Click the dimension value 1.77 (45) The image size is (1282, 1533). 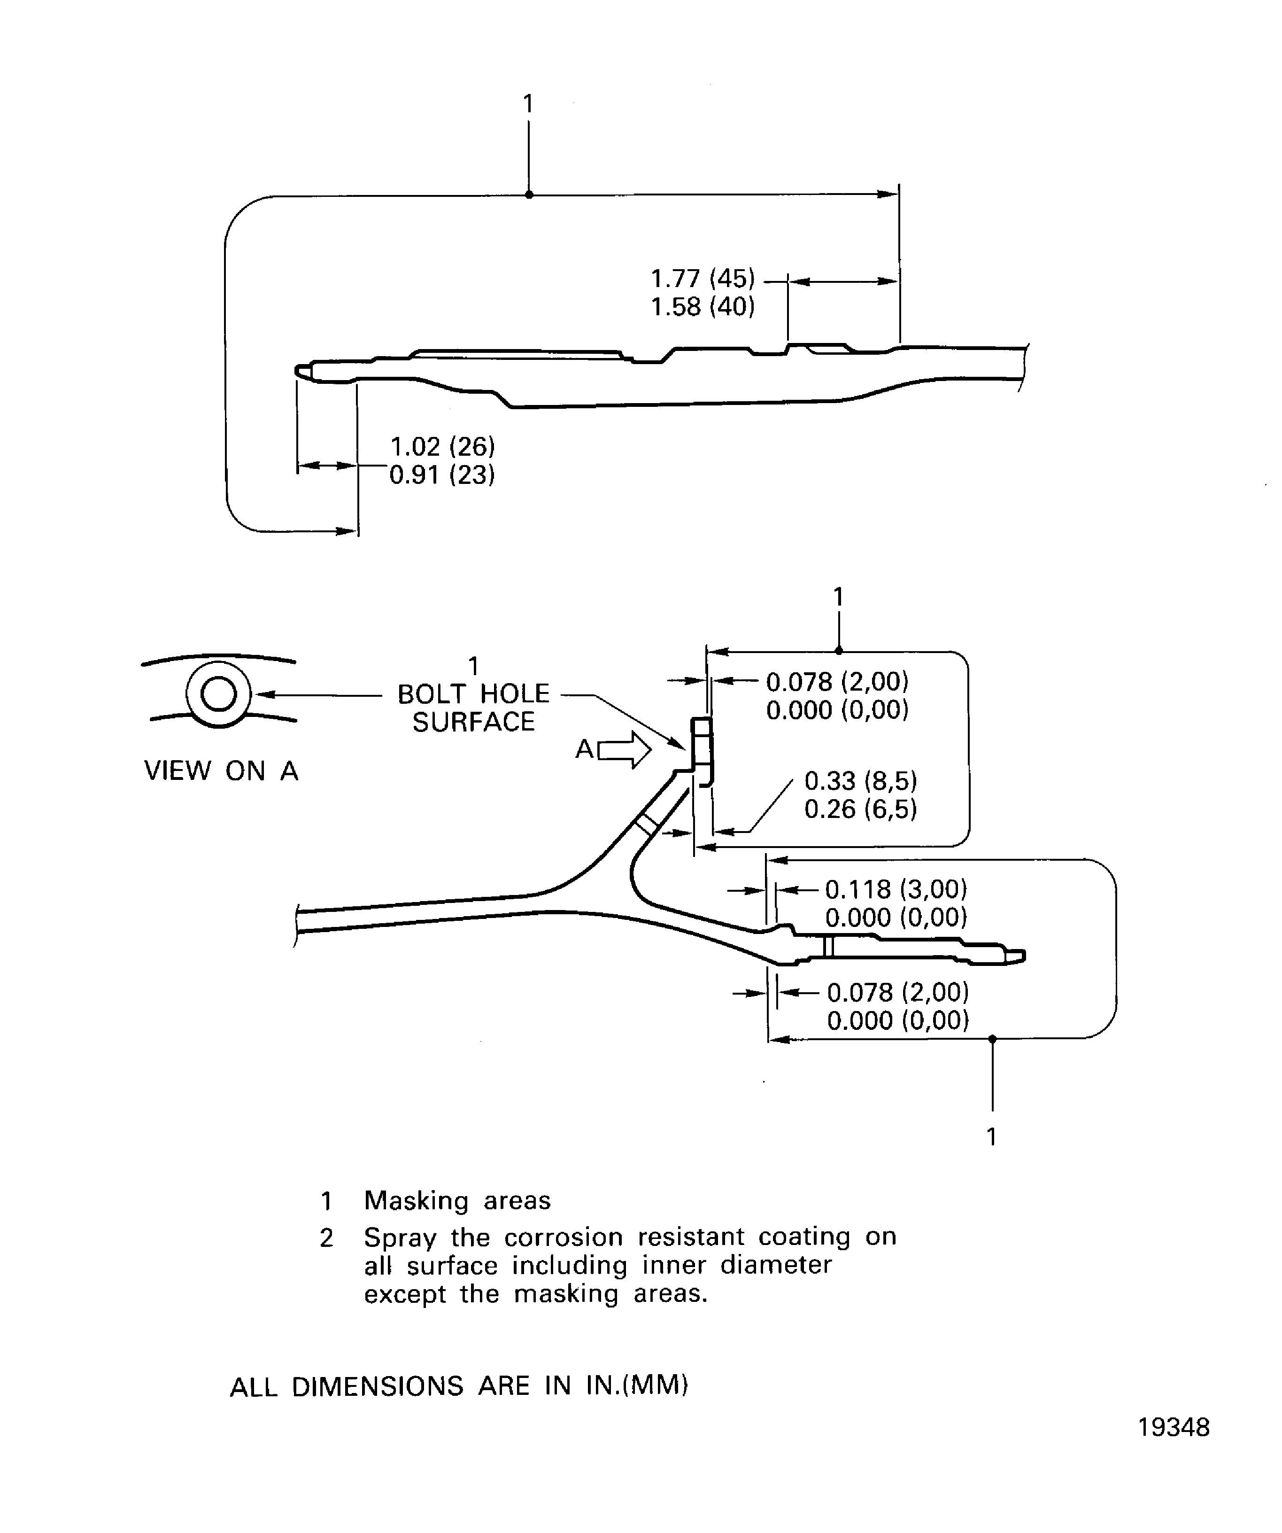(702, 279)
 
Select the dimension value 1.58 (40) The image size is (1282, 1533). (702, 307)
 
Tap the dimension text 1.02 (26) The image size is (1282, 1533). (442, 447)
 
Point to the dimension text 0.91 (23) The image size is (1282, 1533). (442, 475)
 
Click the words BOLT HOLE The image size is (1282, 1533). (473, 693)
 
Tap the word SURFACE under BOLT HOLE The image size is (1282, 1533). (473, 722)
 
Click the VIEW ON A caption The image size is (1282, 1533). (221, 771)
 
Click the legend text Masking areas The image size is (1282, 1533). (457, 1200)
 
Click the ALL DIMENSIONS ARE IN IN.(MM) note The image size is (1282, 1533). (459, 1385)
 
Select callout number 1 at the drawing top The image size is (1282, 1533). (528, 104)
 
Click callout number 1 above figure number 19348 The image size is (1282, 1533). (991, 1136)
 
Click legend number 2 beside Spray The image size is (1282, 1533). (326, 1238)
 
